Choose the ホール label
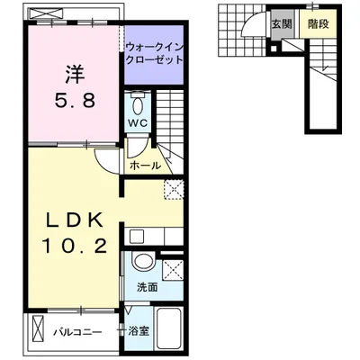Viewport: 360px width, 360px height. pyautogui.click(x=146, y=166)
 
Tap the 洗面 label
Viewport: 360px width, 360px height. pyautogui.click(x=148, y=287)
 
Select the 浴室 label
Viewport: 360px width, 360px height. pyautogui.click(x=139, y=332)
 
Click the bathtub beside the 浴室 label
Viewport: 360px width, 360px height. pyautogui.click(x=169, y=330)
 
